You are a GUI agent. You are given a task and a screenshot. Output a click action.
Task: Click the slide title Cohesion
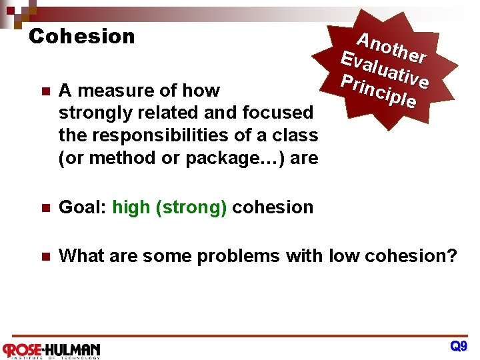coord(82,36)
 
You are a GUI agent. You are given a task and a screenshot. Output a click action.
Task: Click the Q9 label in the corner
coord(459,346)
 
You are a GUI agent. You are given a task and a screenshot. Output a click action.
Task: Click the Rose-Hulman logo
coord(51,349)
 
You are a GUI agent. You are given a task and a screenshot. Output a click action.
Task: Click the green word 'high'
coord(131,207)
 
